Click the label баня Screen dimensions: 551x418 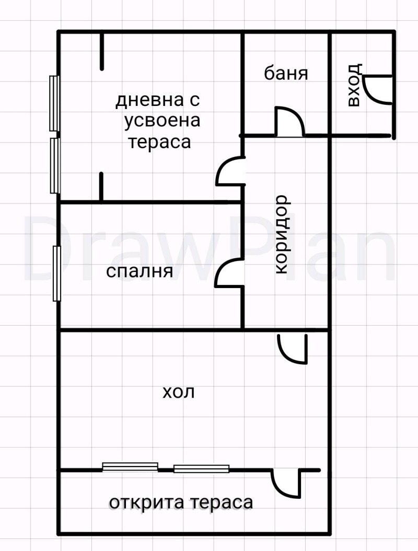click(x=286, y=74)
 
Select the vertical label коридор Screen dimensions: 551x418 click(x=281, y=234)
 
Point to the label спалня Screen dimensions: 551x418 click(x=140, y=271)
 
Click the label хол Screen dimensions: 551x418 click(x=179, y=392)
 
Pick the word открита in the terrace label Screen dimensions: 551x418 click(x=147, y=503)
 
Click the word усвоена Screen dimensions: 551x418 click(x=162, y=121)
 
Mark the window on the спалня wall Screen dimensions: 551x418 click(x=57, y=273)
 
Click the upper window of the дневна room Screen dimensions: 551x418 click(x=54, y=103)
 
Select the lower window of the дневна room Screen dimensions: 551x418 click(x=54, y=165)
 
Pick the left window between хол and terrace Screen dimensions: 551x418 click(x=130, y=466)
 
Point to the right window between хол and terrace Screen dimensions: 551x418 click(x=201, y=469)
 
